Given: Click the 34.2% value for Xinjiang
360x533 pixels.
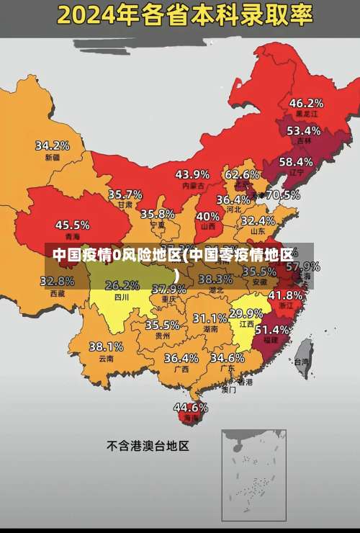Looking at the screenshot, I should pos(53,145).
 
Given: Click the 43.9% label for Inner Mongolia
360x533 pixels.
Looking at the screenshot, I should pos(192,174).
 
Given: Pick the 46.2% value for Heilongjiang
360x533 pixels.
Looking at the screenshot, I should pos(306,103).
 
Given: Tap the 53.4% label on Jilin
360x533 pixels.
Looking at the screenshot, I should pos(303,131).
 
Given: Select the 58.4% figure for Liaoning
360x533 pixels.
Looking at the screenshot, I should pos(296,162).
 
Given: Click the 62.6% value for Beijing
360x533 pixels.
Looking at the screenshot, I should pos(242,174).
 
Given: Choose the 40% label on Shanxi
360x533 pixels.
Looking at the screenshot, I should pos(208,216).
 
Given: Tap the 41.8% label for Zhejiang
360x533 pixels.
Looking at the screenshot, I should pos(285,295).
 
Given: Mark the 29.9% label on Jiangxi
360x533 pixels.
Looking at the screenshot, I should pos(246,313).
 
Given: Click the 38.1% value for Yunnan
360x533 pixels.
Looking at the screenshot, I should pos(106,347).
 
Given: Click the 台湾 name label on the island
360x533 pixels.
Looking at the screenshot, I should pos(301,362).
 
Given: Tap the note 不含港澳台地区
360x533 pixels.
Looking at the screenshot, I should pos(148,446).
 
